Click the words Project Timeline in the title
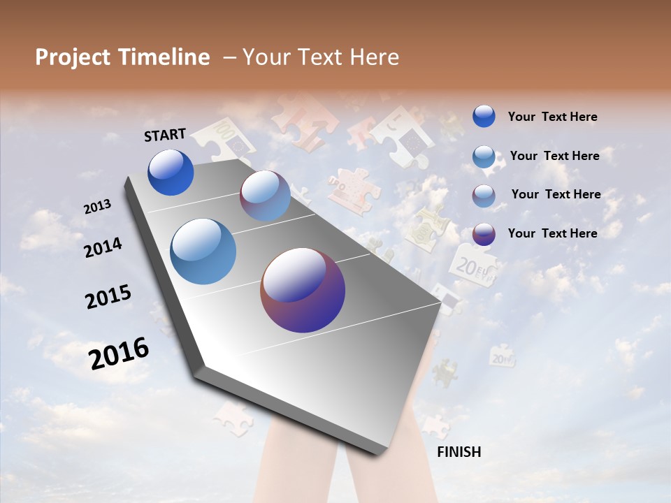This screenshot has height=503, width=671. tap(122, 57)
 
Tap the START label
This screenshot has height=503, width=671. tap(165, 135)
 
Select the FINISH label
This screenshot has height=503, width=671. tap(459, 452)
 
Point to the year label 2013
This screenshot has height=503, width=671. tap(97, 207)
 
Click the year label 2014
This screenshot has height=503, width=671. tap(103, 247)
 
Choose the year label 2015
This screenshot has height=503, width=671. tap(108, 297)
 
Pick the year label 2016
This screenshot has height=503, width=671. tap(119, 353)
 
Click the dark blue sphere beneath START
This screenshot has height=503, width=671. tap(171, 172)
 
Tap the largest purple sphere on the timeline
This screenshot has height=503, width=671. tap(303, 290)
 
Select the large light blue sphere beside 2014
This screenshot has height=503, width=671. tap(203, 251)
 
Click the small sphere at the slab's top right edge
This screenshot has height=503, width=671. tap(265, 196)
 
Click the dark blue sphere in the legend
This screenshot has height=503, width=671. tap(484, 117)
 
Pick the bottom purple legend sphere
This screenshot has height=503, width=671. tap(484, 234)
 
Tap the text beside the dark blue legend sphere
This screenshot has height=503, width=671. tap(552, 117)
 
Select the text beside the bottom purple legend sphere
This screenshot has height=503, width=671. tap(552, 233)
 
